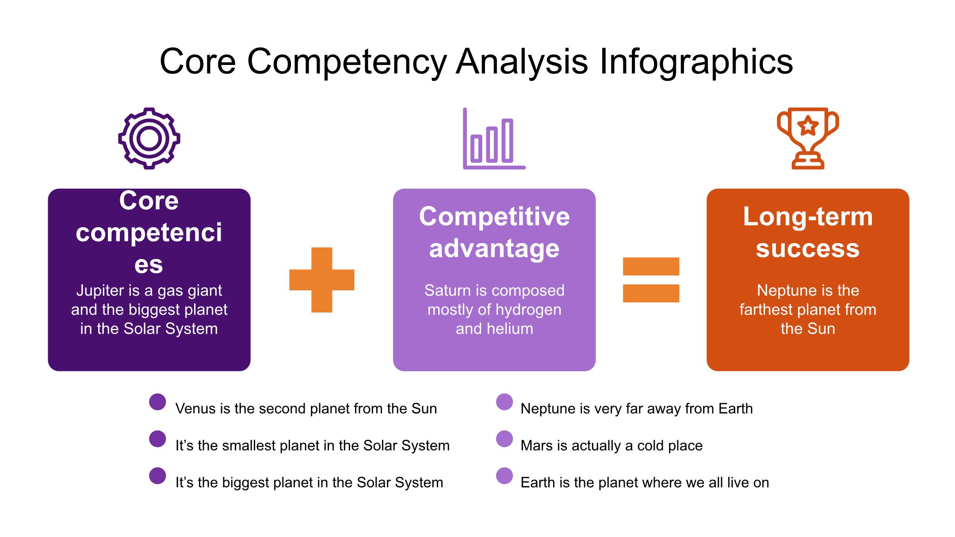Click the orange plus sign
(322, 280)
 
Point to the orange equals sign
(651, 267)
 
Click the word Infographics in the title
(696, 62)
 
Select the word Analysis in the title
(522, 62)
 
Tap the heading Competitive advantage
(494, 232)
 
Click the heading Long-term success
(808, 232)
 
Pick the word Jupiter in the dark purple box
(100, 291)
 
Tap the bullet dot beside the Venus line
(157, 402)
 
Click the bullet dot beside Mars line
(504, 439)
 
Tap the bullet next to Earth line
(504, 476)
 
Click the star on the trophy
(808, 126)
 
